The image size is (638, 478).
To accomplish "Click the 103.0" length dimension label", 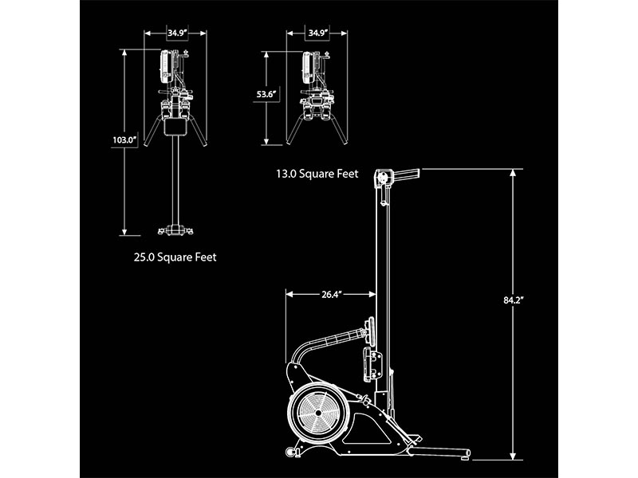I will click(x=125, y=140).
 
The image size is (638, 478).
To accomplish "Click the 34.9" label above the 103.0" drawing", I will click(x=176, y=33).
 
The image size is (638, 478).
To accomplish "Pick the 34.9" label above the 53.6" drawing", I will click(x=317, y=33).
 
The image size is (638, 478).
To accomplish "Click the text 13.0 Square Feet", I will click(x=317, y=173).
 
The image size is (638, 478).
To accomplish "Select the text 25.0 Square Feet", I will click(x=175, y=257).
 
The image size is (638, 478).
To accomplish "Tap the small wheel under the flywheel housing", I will click(x=292, y=453).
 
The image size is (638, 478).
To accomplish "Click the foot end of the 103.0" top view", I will click(x=176, y=231).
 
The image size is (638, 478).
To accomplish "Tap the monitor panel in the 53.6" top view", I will click(x=307, y=67).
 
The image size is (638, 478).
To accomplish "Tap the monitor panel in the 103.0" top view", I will click(x=167, y=67).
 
